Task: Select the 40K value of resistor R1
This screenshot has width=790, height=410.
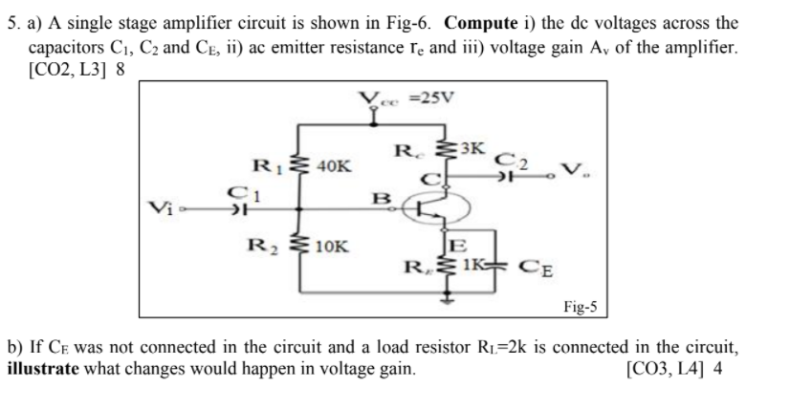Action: pos(333,165)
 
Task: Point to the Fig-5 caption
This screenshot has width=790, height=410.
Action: pos(581,306)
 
